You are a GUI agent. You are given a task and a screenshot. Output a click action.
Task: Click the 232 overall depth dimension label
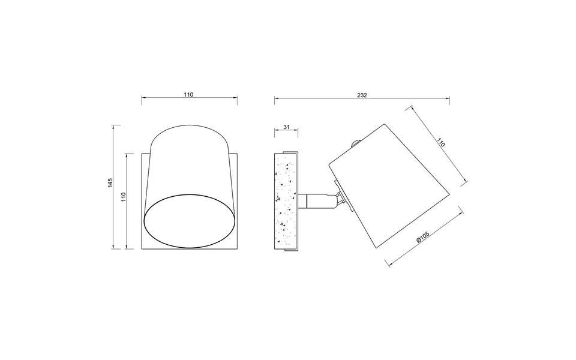tap(361, 95)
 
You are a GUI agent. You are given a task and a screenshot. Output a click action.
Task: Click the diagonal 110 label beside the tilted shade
tap(441, 143)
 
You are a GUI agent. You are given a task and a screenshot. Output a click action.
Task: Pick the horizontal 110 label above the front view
tap(188, 95)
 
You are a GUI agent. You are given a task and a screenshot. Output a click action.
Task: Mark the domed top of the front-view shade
tap(188, 133)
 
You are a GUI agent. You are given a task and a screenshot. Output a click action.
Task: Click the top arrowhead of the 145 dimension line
tap(114, 127)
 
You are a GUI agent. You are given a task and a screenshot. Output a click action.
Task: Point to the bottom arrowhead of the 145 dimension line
tap(114, 247)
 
